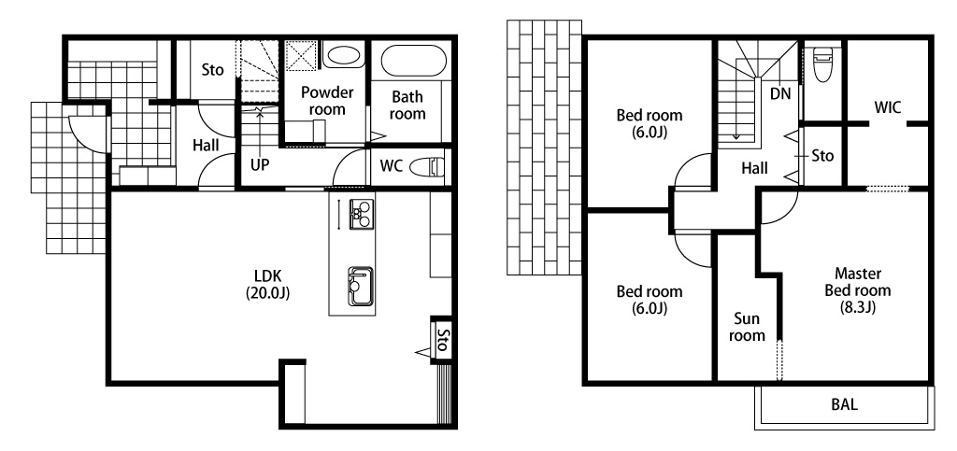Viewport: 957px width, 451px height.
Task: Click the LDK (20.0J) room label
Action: click(x=267, y=284)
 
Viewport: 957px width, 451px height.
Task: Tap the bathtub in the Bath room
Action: click(x=413, y=61)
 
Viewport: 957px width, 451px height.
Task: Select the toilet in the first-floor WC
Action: click(x=427, y=166)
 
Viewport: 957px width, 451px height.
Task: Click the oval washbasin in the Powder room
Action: click(x=342, y=56)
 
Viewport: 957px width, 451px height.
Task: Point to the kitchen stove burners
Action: click(x=362, y=214)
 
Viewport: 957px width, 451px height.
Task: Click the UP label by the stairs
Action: click(x=260, y=165)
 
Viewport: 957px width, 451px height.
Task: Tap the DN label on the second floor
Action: click(x=780, y=94)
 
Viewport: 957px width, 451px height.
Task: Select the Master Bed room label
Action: click(x=858, y=290)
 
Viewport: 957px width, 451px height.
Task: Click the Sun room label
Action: click(x=747, y=328)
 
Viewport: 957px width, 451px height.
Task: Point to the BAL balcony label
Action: click(x=844, y=404)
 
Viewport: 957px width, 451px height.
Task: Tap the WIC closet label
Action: click(x=888, y=108)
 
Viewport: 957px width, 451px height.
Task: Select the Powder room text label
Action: click(x=327, y=101)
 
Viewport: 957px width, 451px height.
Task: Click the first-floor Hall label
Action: click(x=206, y=146)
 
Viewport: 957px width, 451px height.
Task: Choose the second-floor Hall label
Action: click(x=754, y=167)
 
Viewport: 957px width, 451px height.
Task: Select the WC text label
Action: click(x=392, y=165)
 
